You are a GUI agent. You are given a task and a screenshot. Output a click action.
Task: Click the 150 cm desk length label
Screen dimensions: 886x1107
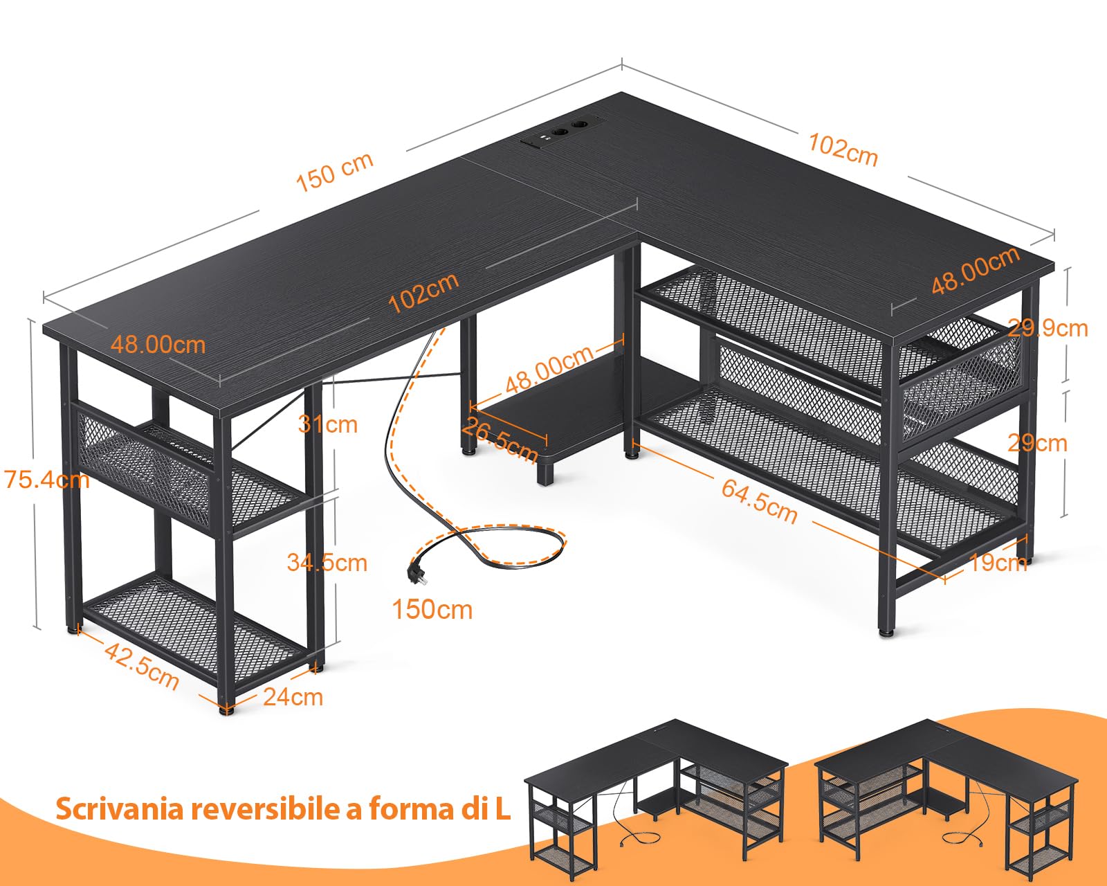335,172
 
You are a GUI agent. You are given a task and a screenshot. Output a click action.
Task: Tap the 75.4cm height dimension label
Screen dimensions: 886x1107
46,479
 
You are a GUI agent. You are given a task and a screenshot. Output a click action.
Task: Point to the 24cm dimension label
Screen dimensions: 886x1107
293,696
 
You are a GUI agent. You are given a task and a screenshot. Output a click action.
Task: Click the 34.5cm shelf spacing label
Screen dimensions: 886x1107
327,563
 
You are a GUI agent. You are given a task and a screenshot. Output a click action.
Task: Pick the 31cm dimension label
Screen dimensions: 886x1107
327,424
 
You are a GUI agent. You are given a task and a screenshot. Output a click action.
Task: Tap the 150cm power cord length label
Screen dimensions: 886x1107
432,609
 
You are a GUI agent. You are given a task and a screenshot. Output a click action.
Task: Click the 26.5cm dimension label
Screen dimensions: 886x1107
500,440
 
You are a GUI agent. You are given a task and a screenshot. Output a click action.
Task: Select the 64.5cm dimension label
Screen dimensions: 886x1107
759,500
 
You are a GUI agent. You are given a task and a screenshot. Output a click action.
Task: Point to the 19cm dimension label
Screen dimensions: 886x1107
997,562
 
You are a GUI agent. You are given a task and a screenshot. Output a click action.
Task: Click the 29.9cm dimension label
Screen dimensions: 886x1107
1047,327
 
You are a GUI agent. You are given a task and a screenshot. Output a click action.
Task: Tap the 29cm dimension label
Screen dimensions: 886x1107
1037,442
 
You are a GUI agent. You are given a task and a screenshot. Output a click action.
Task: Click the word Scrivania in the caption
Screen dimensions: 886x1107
119,808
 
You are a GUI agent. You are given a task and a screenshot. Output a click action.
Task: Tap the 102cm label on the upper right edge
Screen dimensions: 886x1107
843,150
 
